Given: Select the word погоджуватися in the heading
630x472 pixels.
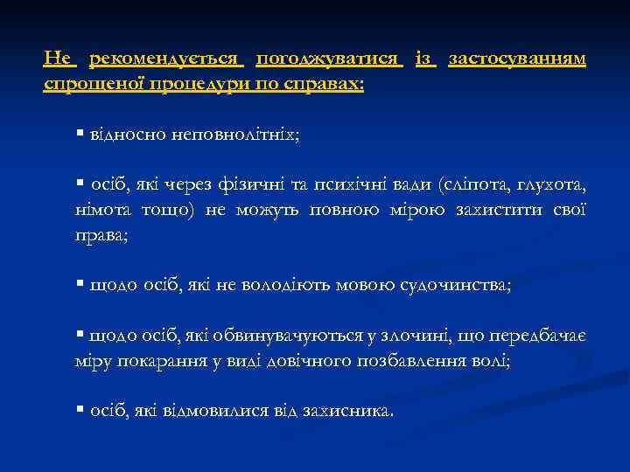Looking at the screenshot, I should (x=329, y=59).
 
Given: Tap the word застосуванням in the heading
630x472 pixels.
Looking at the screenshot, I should (x=517, y=59).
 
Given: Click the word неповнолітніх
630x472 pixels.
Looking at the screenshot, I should (x=236, y=136).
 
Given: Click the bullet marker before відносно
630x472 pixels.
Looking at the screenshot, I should (x=79, y=135).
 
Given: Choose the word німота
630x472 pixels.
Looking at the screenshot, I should (x=103, y=211).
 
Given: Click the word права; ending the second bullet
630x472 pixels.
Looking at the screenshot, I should (x=101, y=236).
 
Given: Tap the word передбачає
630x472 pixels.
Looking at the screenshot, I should (x=537, y=336).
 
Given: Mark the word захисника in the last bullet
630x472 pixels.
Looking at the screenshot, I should (x=348, y=410).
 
